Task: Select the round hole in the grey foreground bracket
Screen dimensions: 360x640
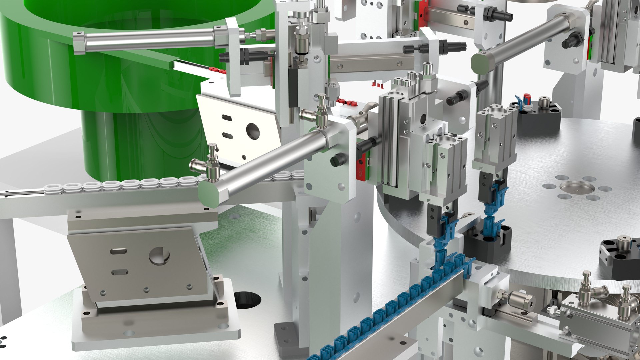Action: point(159,256)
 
